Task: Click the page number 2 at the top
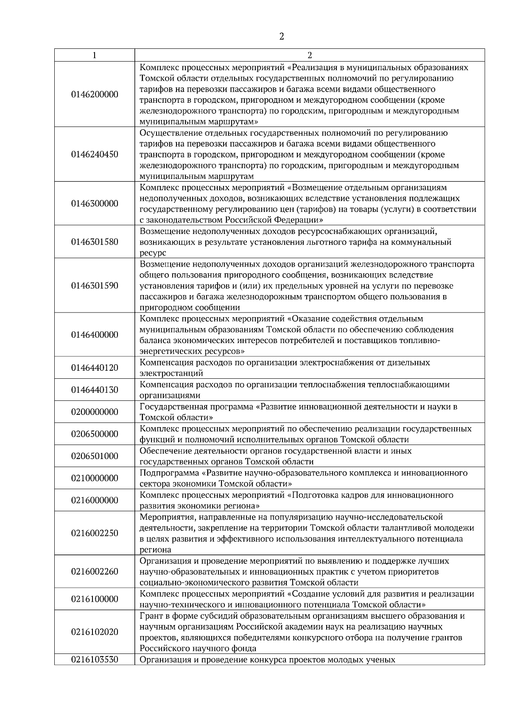(x=282, y=37)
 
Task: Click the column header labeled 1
(x=94, y=55)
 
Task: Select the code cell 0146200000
(x=95, y=94)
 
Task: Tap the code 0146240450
(x=95, y=154)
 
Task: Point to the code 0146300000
(x=95, y=203)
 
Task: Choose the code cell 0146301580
(x=95, y=242)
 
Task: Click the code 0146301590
(x=95, y=285)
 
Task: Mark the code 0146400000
(x=95, y=335)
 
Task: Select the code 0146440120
(x=95, y=368)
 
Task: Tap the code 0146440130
(x=95, y=390)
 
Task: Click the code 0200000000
(x=95, y=412)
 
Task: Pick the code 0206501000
(x=95, y=456)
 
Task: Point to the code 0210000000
(x=95, y=478)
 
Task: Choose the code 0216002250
(x=95, y=533)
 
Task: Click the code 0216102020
(x=95, y=632)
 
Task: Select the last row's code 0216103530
(x=95, y=659)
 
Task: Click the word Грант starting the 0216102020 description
(x=151, y=616)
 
